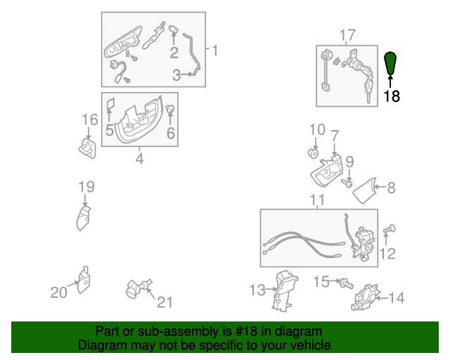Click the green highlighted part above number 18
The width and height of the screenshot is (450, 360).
click(390, 63)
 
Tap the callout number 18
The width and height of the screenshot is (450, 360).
click(392, 96)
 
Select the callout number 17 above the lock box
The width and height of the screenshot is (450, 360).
click(347, 36)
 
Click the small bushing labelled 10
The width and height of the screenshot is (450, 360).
click(313, 153)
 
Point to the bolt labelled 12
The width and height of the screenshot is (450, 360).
click(390, 229)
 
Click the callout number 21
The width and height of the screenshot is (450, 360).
click(165, 302)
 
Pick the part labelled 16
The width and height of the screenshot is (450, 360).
click(87, 148)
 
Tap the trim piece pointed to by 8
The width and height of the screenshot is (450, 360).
click(364, 191)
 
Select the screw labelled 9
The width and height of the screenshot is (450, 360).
click(347, 183)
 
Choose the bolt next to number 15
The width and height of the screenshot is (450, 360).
click(347, 284)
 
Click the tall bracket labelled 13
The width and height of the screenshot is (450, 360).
click(285, 291)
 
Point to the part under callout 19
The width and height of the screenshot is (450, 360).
click(83, 218)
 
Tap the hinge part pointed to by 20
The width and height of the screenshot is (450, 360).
click(84, 280)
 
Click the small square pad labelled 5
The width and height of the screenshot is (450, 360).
click(111, 104)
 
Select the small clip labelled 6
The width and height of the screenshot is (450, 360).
click(170, 109)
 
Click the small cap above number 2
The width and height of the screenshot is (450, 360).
click(174, 30)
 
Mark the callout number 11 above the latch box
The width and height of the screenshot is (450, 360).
click(317, 200)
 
